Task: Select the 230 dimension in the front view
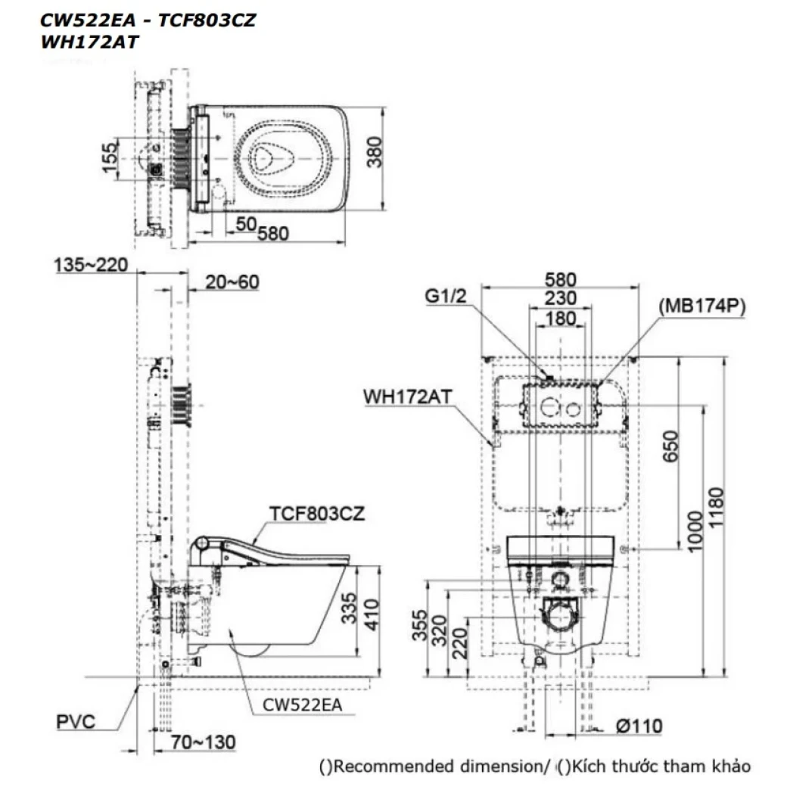tap(559, 298)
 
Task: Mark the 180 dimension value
tap(559, 319)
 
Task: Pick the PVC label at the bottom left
tap(76, 720)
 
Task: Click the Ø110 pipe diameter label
tap(639, 726)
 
